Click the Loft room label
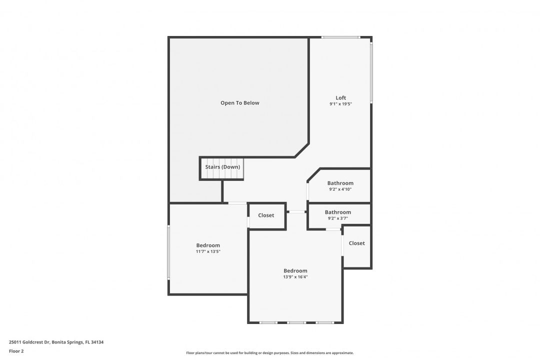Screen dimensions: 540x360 340,98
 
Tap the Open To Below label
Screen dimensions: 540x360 239,103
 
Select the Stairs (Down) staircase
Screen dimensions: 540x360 222,168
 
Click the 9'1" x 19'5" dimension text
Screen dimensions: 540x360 340,104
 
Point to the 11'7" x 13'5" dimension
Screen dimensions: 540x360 208,251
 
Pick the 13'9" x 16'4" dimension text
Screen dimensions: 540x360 295,277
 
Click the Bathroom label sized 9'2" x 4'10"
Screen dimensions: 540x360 340,183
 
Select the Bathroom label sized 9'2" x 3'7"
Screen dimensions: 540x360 338,212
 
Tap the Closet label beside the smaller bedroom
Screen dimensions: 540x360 266,215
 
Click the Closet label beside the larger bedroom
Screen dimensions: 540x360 357,243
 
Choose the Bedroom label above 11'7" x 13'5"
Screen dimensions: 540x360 208,245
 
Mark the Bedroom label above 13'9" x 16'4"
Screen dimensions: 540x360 295,271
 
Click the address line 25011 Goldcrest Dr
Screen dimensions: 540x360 29,342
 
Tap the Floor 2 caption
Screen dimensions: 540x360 16,351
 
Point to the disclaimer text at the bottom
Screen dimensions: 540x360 269,353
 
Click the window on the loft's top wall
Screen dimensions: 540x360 340,37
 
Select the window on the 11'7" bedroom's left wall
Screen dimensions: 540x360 169,252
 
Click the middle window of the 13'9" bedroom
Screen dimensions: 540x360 296,322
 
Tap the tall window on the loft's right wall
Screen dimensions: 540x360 371,72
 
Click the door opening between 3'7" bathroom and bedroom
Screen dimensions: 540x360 333,229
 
